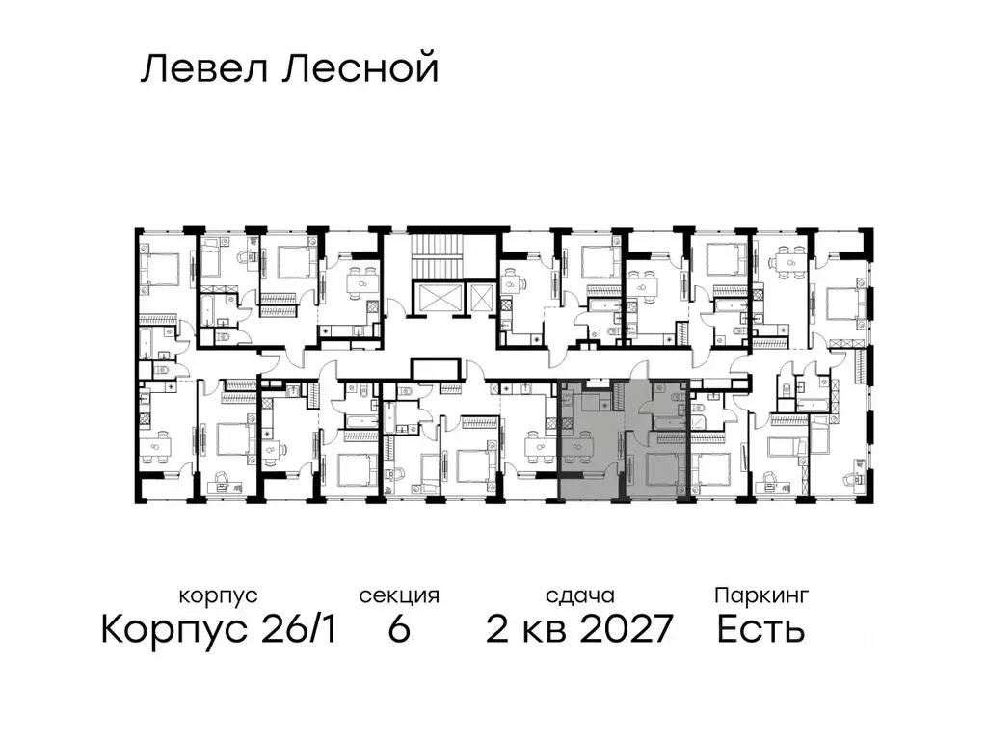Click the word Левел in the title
pyautogui.click(x=198, y=69)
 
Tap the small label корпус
pyautogui.click(x=218, y=596)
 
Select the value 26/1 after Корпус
pyautogui.click(x=297, y=630)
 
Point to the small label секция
pyautogui.click(x=399, y=596)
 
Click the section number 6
pyautogui.click(x=399, y=630)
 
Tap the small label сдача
pyautogui.click(x=578, y=596)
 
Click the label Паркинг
pyautogui.click(x=760, y=596)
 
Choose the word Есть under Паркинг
pyautogui.click(x=760, y=630)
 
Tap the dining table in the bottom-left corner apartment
pyautogui.click(x=159, y=445)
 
